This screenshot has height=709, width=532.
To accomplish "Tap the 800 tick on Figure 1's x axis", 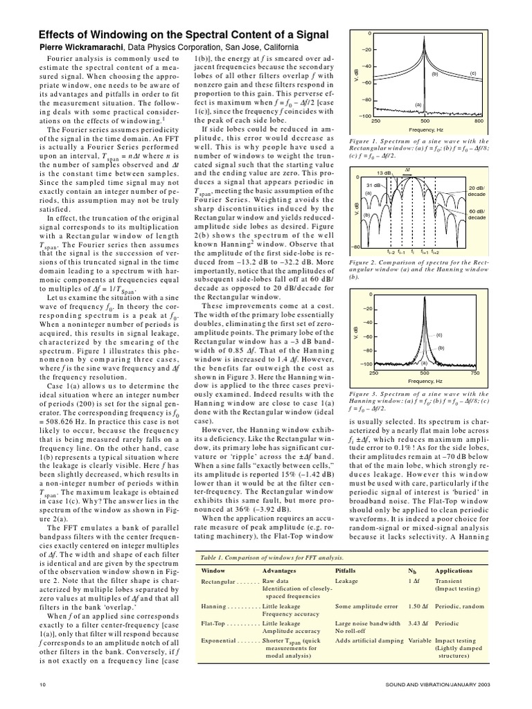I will click(479, 120).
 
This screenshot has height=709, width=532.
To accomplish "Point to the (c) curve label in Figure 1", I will click(473, 73).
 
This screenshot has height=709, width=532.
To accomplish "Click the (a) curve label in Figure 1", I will click(418, 105).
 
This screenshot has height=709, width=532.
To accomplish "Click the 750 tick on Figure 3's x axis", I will click(475, 373).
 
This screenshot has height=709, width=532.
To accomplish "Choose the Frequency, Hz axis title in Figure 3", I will click(425, 382).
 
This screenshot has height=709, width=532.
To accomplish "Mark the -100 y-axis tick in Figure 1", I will click(366, 116).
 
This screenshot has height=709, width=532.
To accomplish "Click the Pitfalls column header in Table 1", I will click(346, 571).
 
